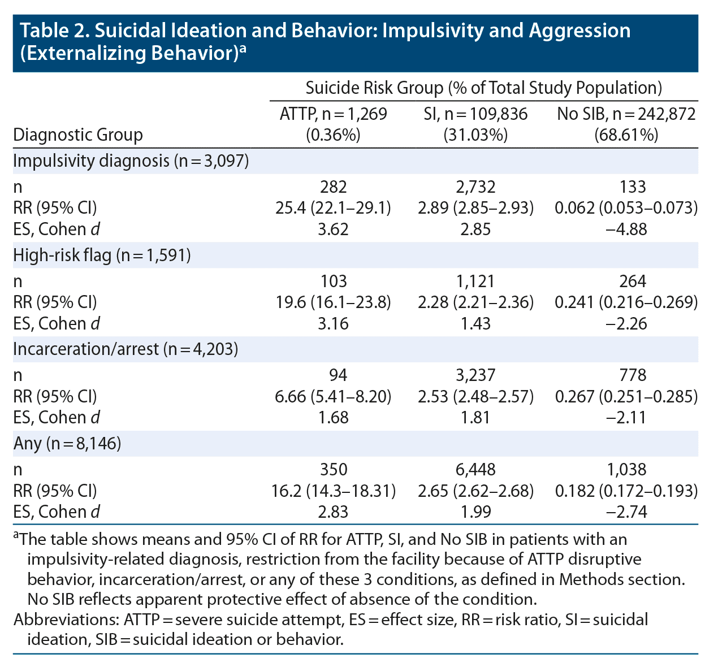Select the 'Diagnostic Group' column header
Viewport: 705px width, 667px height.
coord(78,135)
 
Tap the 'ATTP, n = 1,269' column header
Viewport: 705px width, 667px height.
coord(334,114)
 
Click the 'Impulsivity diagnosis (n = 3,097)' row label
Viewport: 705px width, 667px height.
coord(131,161)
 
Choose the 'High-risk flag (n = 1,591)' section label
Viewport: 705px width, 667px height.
coord(102,255)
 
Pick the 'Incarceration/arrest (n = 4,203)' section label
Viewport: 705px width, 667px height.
coord(126,349)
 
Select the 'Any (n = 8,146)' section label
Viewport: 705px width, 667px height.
coord(67,444)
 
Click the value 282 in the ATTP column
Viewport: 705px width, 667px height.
coord(333,187)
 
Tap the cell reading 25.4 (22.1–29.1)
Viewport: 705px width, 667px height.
coord(333,208)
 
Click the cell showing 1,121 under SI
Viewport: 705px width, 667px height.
coord(475,281)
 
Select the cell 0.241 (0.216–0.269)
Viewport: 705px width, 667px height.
coord(626,302)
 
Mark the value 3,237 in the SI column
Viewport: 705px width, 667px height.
coord(475,375)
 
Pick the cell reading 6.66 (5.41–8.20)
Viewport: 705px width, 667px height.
coord(333,397)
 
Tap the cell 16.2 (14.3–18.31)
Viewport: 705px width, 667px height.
coord(333,491)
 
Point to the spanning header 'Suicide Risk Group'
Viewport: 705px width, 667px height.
coord(374,88)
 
